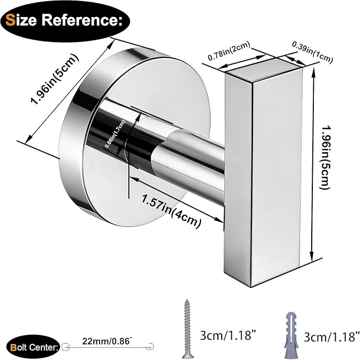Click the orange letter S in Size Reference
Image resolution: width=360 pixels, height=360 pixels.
[10, 20]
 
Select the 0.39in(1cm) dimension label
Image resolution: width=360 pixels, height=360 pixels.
[312, 52]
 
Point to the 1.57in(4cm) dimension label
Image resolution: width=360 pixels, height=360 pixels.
[171, 212]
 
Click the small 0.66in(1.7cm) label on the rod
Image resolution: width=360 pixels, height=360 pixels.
[115, 134]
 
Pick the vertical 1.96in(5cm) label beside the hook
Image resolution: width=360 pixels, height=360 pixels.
[326, 157]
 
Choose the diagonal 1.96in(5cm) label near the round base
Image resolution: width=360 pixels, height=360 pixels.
[55, 79]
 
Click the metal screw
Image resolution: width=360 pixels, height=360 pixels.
[188, 329]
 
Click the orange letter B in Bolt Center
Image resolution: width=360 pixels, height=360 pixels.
[14, 348]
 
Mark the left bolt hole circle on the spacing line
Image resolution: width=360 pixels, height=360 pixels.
[65, 347]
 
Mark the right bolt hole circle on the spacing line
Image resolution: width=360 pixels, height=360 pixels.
[150, 347]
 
